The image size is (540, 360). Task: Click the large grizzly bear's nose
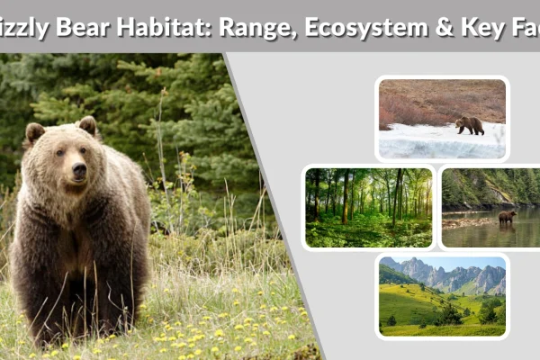79,170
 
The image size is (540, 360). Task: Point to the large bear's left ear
87,125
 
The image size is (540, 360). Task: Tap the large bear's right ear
34,133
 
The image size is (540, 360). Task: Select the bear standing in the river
507,217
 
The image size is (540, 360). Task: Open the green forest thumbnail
368,207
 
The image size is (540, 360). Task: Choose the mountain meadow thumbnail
442,296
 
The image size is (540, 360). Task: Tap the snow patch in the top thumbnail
423,142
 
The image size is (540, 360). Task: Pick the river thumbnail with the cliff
490,207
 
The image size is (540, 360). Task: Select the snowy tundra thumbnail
442,119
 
